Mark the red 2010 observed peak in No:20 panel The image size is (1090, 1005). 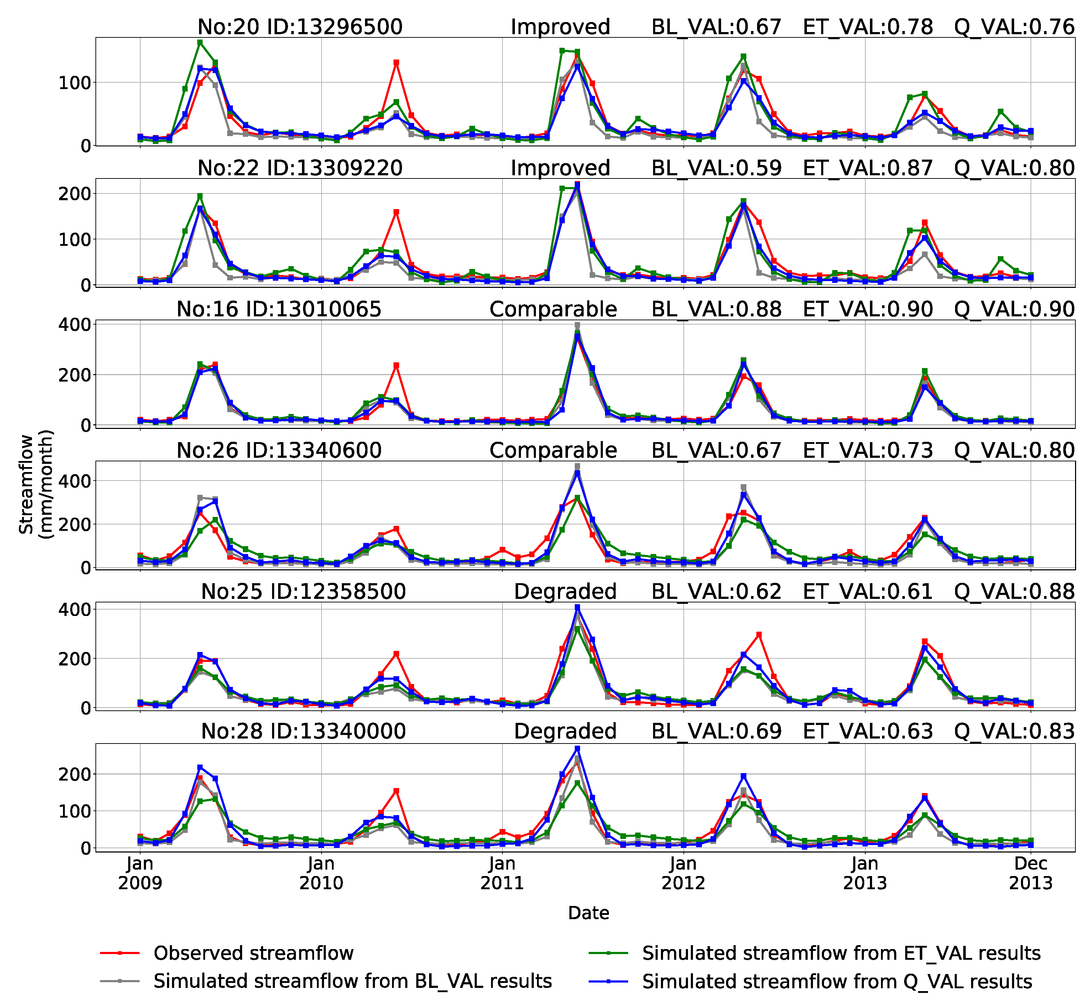tap(396, 63)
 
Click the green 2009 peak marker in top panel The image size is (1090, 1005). tap(200, 42)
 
